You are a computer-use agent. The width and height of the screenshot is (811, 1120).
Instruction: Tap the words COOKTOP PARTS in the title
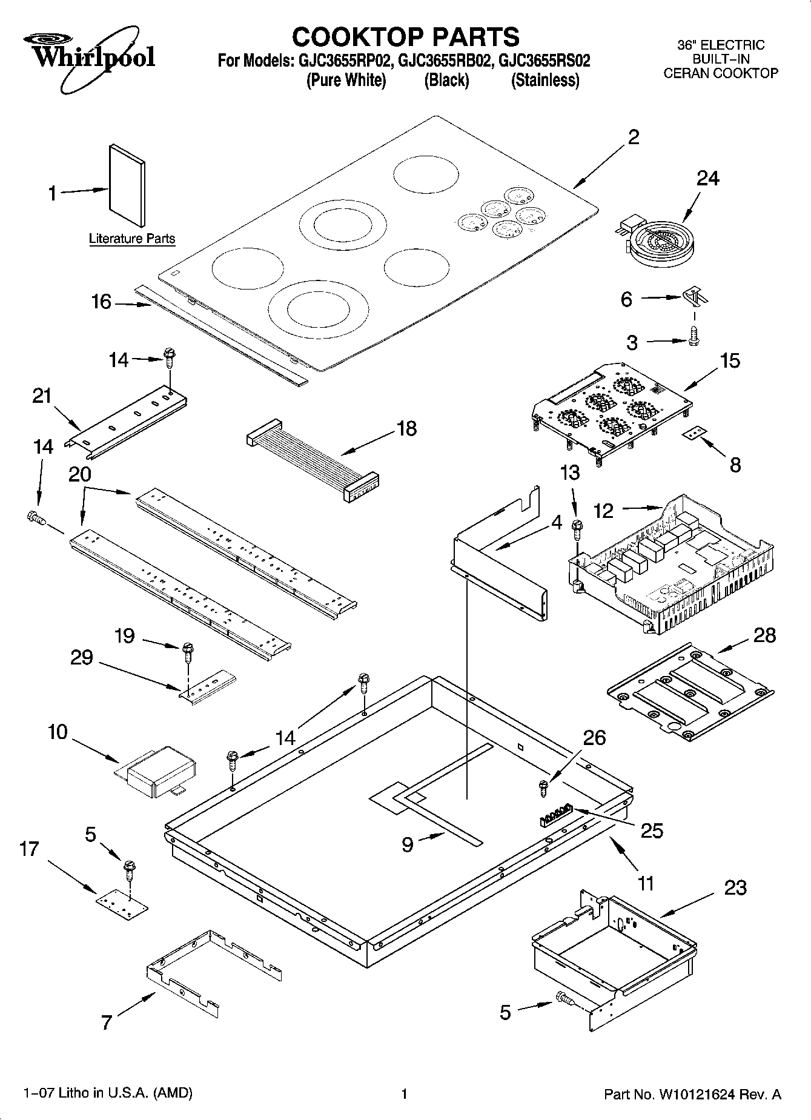click(x=405, y=37)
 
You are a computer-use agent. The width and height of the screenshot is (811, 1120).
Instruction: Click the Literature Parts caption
click(x=132, y=239)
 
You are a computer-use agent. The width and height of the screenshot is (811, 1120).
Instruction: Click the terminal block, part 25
click(x=555, y=816)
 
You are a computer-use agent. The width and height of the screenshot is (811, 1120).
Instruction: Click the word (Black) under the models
click(x=447, y=81)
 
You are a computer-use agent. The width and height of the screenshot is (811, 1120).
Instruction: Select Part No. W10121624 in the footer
click(x=693, y=1094)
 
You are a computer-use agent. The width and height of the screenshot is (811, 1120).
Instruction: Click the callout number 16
click(x=101, y=301)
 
